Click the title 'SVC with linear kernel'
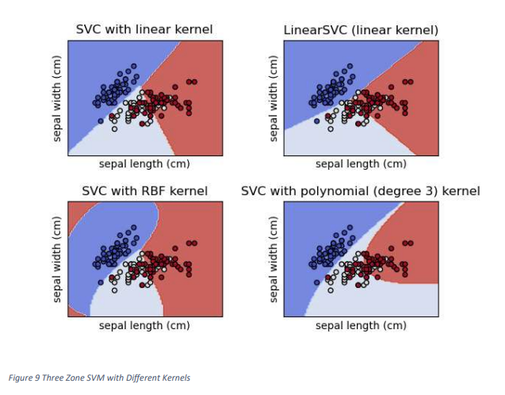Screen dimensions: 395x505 click(143, 29)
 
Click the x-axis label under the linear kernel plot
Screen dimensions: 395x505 click(143, 164)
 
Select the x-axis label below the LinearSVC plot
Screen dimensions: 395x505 click(361, 164)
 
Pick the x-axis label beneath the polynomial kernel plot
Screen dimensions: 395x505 click(361, 325)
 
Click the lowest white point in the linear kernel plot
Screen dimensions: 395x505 click(114, 128)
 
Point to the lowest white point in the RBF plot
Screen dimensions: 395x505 click(114, 290)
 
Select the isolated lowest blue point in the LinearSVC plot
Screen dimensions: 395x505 click(316, 121)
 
